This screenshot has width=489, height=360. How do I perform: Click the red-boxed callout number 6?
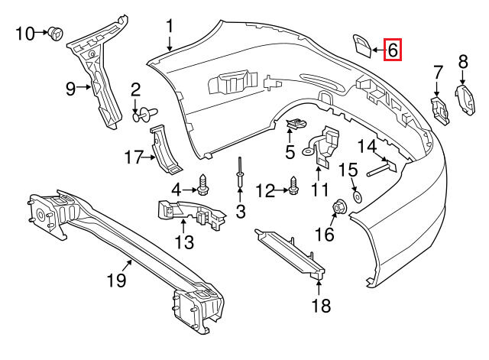pos(393,50)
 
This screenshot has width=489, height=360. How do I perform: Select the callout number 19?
pos(117,280)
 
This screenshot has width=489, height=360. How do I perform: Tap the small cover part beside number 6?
pos(362,46)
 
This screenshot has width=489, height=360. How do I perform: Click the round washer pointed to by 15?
pos(357,197)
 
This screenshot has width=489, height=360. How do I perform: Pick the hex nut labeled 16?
pos(338,207)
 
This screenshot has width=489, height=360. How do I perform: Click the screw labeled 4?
pos(202,184)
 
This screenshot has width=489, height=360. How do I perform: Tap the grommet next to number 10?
pos(56,34)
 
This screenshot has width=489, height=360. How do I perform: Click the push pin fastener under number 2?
pos(145,115)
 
